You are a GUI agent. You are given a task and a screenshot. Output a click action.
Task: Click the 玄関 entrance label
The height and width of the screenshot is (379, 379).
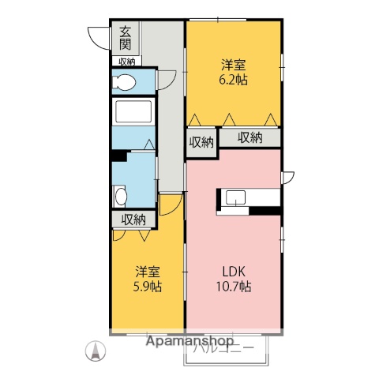point(126,37)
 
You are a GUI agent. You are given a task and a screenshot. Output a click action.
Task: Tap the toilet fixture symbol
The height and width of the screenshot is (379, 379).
point(125,81)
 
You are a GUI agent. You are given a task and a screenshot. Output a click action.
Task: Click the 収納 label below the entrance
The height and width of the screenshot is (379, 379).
point(126,61)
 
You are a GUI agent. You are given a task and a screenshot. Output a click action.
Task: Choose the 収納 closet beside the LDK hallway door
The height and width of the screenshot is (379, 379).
point(201,142)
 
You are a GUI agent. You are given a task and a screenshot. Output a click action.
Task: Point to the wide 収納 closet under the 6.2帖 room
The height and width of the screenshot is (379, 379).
point(250,138)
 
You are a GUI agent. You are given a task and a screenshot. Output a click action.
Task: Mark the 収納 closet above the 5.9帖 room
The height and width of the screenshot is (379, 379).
point(133,219)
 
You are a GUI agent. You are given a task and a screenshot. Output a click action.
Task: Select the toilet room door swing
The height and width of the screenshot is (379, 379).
point(167,81)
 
